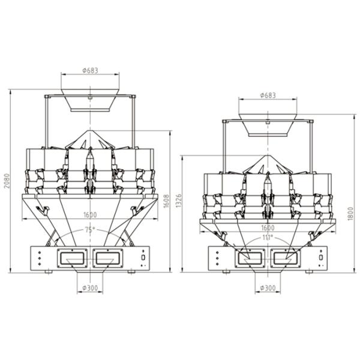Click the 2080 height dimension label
(7, 181)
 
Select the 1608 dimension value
(166, 201)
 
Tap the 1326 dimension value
(178, 200)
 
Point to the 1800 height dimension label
(350, 214)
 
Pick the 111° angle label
(268, 238)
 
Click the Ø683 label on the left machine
(90, 70)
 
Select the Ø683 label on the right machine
(268, 95)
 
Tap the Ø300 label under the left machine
(90, 287)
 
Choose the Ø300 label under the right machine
(268, 287)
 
